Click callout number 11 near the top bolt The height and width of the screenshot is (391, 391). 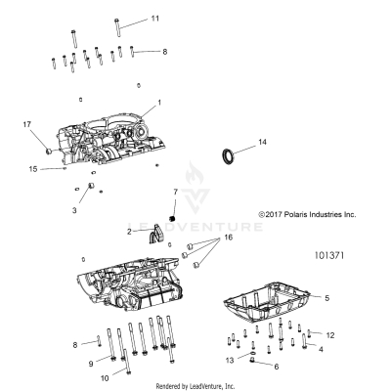tap(153, 19)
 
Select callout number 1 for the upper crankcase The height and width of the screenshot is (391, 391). tap(160, 103)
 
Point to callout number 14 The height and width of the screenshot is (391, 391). tap(261, 144)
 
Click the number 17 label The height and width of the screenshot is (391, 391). tap(27, 123)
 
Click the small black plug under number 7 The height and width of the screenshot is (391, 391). tap(172, 217)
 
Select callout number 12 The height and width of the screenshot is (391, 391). tap(330, 335)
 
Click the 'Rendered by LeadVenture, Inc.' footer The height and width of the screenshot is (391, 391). tap(195, 385)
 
